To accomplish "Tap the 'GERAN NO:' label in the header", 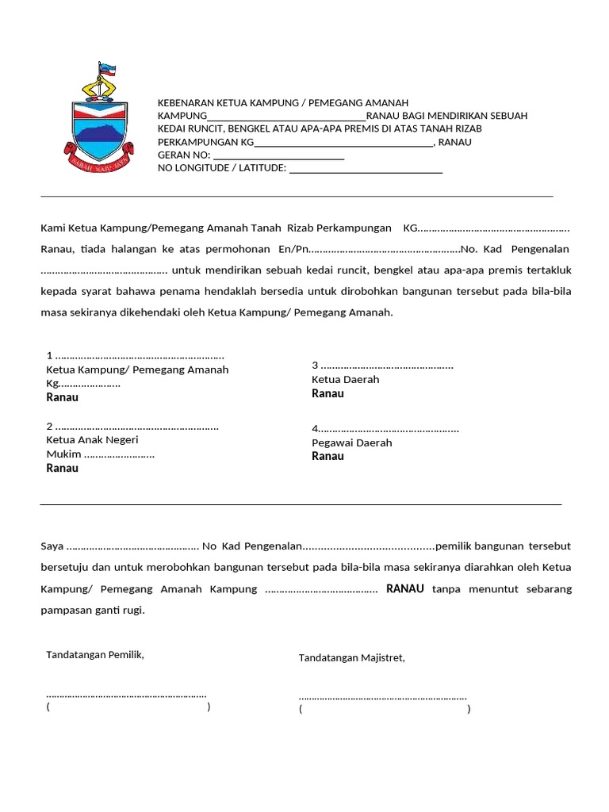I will tap(184, 155).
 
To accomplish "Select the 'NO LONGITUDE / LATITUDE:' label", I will tap(222, 168).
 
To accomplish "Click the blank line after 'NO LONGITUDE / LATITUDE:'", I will tap(366, 170).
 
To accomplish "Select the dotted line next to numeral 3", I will tap(387, 367).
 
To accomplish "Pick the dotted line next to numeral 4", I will tap(389, 431).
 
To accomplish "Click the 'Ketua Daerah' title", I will tap(346, 380).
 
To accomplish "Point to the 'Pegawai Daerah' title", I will tap(352, 443).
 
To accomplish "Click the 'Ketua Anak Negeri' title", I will tap(93, 440).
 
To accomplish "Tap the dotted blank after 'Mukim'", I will tap(119, 455).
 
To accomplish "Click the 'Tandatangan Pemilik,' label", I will tap(95, 655).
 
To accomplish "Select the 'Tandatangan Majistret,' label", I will tap(351, 658).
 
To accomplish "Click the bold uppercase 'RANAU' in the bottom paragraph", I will tap(405, 589).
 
